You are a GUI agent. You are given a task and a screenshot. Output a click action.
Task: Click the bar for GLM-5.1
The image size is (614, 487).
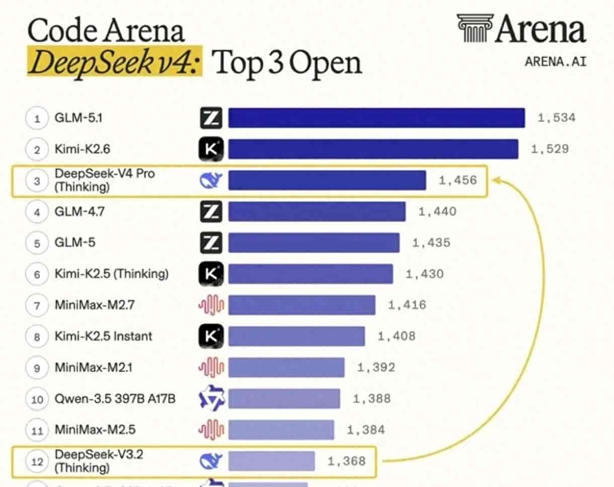[376, 118]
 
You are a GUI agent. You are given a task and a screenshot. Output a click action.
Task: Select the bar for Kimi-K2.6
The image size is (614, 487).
[373, 149]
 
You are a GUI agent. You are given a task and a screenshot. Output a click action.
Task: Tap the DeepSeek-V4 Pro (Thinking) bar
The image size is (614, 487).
[327, 180]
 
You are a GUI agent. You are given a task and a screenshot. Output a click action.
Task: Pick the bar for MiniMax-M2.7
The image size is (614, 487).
[301, 305]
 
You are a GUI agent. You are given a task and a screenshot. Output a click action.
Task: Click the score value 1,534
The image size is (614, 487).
[556, 118]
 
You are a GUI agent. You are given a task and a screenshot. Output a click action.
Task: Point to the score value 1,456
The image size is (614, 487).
[457, 180]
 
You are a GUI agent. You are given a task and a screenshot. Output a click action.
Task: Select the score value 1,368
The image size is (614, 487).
[346, 461]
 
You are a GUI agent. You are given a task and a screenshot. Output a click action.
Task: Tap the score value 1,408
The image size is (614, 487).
[397, 336]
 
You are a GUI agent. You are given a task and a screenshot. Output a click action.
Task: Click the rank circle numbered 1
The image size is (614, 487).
[37, 119]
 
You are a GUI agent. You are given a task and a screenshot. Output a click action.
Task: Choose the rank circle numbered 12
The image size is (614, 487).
[37, 461]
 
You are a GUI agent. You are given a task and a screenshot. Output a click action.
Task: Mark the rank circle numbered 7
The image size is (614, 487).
[37, 305]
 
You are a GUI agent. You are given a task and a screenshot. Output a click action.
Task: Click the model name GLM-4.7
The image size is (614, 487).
[79, 212]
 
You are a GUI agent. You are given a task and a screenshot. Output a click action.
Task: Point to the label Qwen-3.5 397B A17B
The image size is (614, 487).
[115, 399]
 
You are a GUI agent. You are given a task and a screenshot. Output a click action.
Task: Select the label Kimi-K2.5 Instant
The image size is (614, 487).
[103, 336]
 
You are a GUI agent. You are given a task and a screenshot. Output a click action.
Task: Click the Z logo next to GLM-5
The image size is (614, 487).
[211, 243]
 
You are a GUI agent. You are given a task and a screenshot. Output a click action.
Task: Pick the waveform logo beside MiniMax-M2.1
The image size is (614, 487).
[211, 368]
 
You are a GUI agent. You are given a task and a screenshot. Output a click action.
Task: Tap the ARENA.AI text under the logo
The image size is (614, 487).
[555, 61]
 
